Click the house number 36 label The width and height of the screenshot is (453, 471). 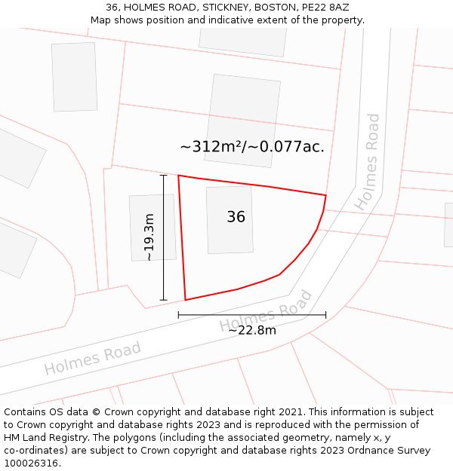click(236, 217)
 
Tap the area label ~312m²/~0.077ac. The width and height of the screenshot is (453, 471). click(252, 146)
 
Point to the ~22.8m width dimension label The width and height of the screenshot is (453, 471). click(252, 329)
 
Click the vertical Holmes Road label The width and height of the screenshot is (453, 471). click(369, 161)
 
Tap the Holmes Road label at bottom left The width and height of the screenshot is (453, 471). click(92, 358)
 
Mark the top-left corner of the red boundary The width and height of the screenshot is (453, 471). click(178, 176)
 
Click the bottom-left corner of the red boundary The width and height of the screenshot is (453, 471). click(185, 300)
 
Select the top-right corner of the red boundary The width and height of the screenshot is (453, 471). click(325, 195)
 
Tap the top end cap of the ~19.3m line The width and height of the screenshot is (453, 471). click(164, 175)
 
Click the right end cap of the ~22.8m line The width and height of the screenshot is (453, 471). click(326, 314)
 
